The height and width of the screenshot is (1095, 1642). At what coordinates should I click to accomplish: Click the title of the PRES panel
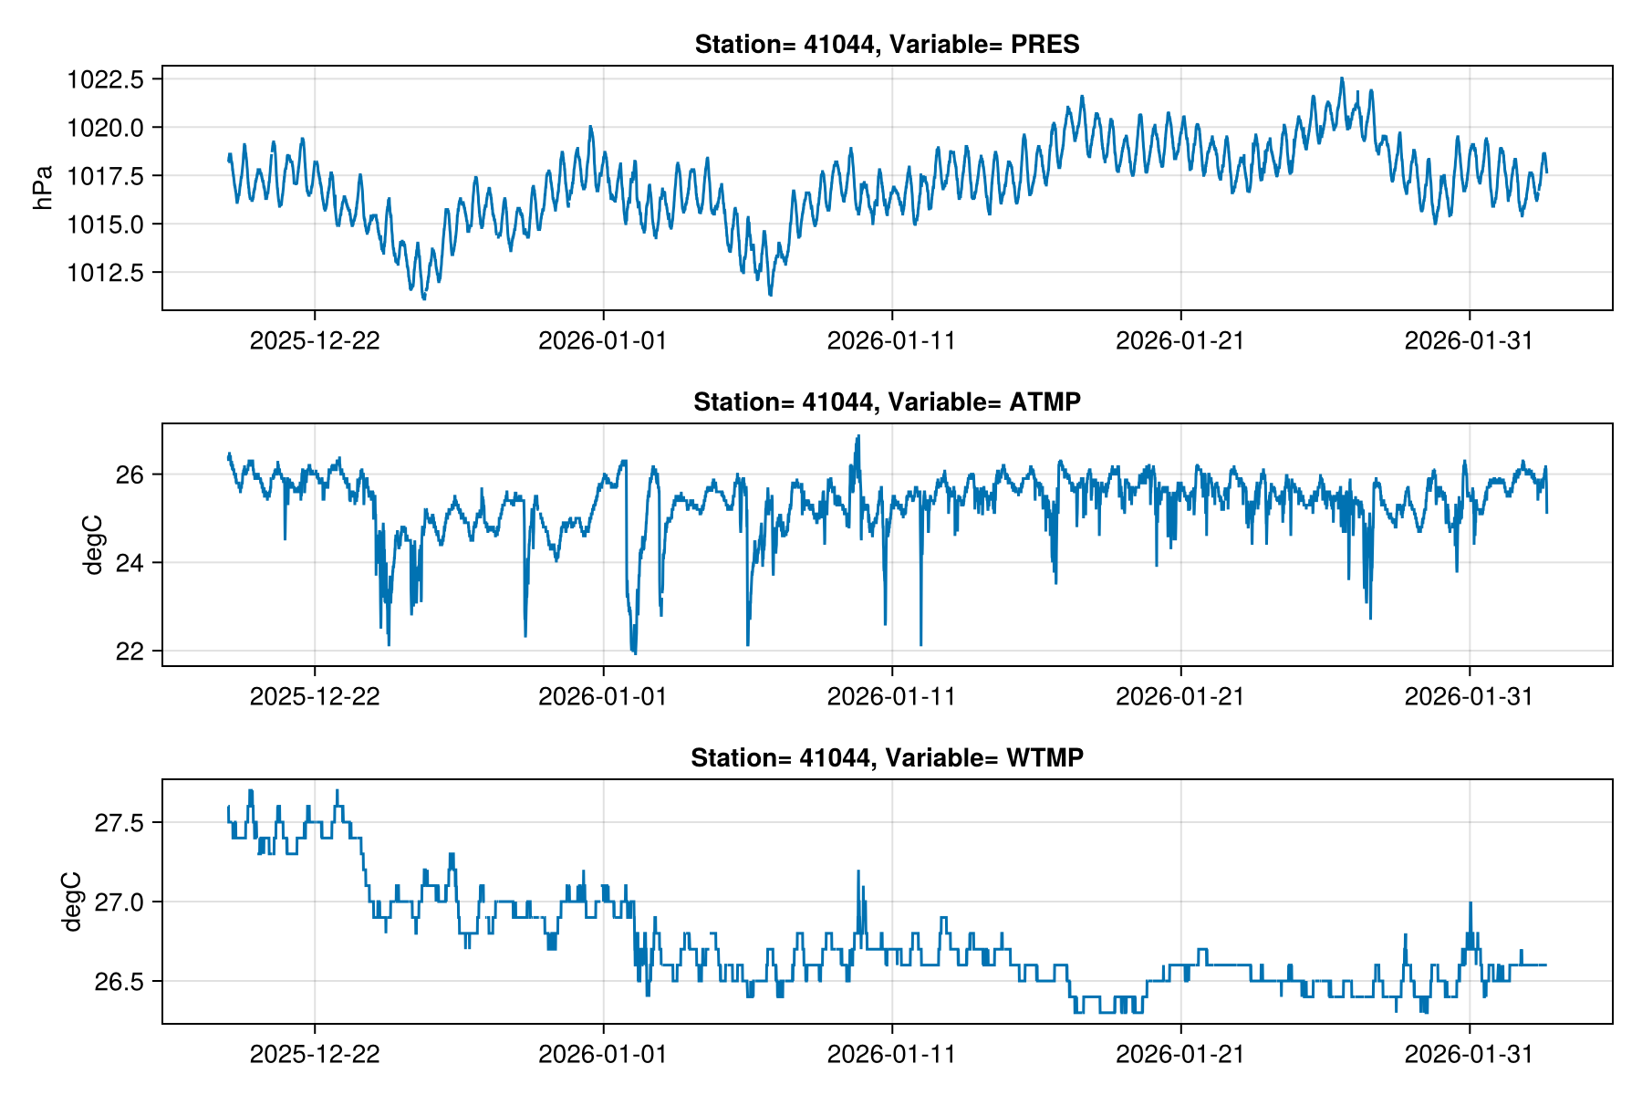pyautogui.click(x=887, y=44)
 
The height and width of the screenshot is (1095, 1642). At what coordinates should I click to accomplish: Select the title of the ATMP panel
pyautogui.click(x=887, y=401)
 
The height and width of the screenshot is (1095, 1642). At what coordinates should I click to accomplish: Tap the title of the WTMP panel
pyautogui.click(x=887, y=757)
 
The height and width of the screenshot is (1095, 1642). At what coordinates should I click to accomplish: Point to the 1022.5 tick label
pyautogui.click(x=105, y=79)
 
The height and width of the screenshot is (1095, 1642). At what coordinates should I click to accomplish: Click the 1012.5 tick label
pyautogui.click(x=105, y=272)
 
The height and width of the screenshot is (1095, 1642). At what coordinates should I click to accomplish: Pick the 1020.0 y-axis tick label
pyautogui.click(x=105, y=128)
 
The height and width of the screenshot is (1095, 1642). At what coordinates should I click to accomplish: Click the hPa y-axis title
pyautogui.click(x=42, y=187)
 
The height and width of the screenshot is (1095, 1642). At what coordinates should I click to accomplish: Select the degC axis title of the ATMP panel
pyautogui.click(x=92, y=545)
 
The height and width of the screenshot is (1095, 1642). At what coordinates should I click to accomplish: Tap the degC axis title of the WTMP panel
pyautogui.click(x=72, y=902)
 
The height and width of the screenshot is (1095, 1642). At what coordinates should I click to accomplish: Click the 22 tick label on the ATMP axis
pyautogui.click(x=128, y=651)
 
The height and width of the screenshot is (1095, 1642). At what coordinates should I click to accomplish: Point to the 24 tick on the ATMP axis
pyautogui.click(x=128, y=563)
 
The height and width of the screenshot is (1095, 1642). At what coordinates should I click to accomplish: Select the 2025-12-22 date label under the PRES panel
pyautogui.click(x=315, y=340)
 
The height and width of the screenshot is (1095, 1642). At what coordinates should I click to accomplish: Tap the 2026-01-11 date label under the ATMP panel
pyautogui.click(x=891, y=696)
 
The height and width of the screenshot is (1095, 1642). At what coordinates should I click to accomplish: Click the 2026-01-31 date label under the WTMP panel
pyautogui.click(x=1469, y=1054)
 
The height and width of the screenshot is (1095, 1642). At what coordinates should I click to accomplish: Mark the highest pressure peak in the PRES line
pyautogui.click(x=1341, y=78)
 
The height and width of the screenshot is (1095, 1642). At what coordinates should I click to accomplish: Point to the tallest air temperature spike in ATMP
pyautogui.click(x=857, y=436)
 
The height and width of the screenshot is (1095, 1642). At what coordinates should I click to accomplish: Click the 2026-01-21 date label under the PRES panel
pyautogui.click(x=1180, y=340)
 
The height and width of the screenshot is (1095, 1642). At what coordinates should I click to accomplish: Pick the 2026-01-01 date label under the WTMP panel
pyautogui.click(x=603, y=1054)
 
